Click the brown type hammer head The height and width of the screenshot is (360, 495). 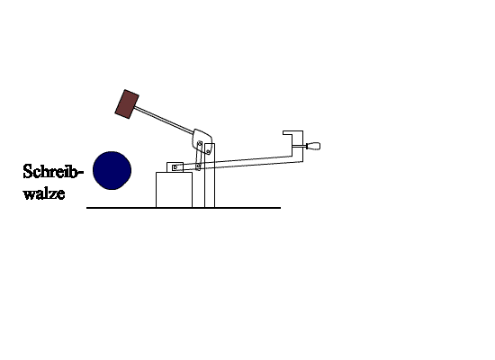point(127,104)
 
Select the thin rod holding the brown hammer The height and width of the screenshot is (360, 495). point(164,120)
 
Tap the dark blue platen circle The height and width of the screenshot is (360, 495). point(112,170)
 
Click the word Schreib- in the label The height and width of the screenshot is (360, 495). point(53,172)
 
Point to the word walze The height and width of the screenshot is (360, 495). point(44,193)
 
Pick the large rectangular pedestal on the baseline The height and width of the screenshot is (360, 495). point(174,190)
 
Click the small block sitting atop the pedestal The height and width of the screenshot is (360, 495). point(175,167)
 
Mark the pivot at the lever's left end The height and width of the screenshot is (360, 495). point(175,167)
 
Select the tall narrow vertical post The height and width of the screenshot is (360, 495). point(210,175)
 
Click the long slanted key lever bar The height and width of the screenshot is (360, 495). point(237,162)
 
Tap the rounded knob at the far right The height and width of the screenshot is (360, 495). point(313,146)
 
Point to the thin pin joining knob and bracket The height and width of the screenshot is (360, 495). point(299,146)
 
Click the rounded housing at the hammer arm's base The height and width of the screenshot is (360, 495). point(202,139)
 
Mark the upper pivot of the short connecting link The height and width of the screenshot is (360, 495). point(200,144)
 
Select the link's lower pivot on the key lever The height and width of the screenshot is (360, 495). point(198,166)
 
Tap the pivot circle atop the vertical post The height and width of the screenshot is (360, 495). point(208,152)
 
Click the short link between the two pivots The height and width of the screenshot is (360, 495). point(199,156)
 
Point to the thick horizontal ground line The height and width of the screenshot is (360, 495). point(184,208)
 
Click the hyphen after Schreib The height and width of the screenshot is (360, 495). point(80,173)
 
